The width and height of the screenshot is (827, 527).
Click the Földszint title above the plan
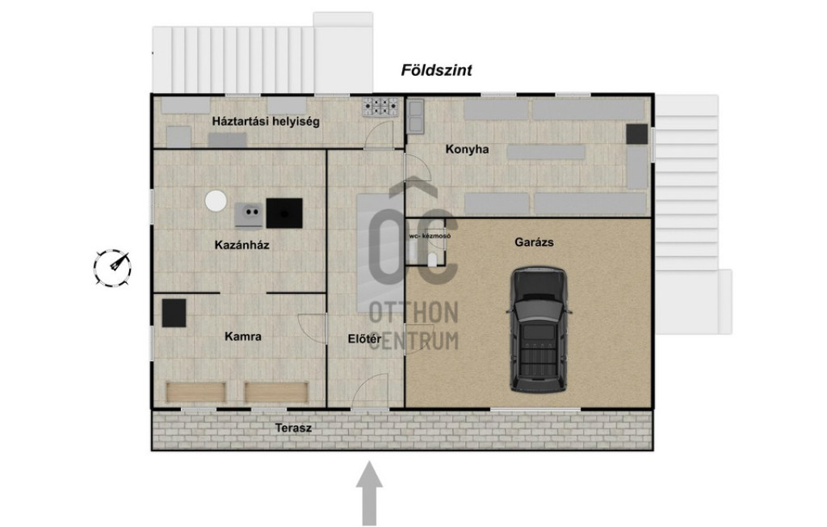(x=436, y=70)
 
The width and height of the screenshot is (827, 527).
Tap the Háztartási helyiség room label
(x=266, y=121)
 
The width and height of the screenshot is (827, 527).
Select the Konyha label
(x=467, y=150)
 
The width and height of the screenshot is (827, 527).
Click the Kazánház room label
(x=241, y=245)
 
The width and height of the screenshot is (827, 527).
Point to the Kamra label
(x=242, y=336)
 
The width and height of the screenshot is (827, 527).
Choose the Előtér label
(x=364, y=339)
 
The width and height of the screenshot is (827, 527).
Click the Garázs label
(x=534, y=242)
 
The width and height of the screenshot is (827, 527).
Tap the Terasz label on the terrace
(x=293, y=428)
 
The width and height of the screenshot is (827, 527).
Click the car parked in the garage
(x=539, y=330)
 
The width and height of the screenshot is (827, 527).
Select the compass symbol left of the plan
(x=112, y=268)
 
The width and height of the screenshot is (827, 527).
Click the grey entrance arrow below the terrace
(x=369, y=493)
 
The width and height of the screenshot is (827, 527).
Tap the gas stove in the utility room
(x=380, y=107)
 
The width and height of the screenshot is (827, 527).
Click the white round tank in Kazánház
(x=216, y=201)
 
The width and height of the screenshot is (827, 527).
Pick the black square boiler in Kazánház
(x=284, y=213)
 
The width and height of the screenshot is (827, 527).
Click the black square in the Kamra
(x=174, y=313)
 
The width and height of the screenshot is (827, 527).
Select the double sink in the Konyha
(x=416, y=116)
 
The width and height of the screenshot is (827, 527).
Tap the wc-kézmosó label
(x=430, y=236)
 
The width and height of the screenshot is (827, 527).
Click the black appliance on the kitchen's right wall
(x=636, y=134)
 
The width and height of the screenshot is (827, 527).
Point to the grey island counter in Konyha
(x=546, y=152)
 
